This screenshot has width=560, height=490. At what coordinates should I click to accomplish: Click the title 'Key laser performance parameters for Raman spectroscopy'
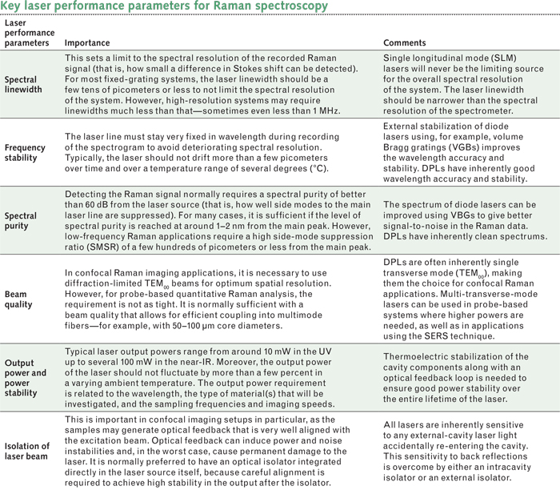tap(164, 7)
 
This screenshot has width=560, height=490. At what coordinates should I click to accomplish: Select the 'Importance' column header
tap(87, 42)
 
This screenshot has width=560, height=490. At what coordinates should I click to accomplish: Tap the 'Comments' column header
tap(405, 42)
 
